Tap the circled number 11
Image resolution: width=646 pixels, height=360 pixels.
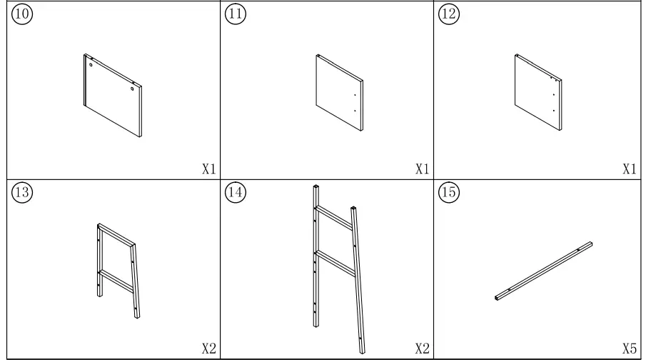point(234,16)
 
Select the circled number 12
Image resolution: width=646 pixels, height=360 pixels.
point(449,16)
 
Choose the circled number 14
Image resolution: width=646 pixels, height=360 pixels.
point(234,193)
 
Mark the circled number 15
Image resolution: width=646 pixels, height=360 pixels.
point(449,193)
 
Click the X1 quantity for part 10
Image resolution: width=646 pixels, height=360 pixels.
point(208,169)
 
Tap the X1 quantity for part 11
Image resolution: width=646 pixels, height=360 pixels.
point(423,169)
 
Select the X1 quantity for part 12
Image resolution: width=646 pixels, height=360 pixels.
point(629,169)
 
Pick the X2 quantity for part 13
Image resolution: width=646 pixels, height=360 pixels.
point(208,348)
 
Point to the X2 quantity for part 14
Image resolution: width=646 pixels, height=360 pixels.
point(423,348)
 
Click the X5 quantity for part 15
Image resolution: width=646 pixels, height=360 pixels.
point(629,348)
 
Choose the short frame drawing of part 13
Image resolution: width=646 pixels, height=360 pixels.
point(117,270)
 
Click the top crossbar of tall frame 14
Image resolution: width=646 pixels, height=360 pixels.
point(334,216)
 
